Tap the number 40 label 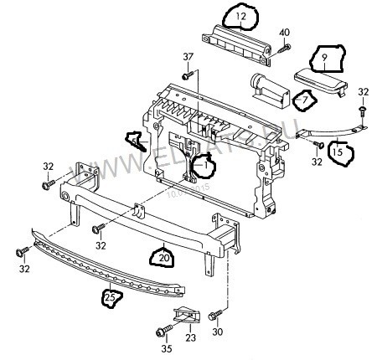tap(284, 33)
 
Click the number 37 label tap(188, 56)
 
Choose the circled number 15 tap(339, 152)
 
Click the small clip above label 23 tap(186, 316)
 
